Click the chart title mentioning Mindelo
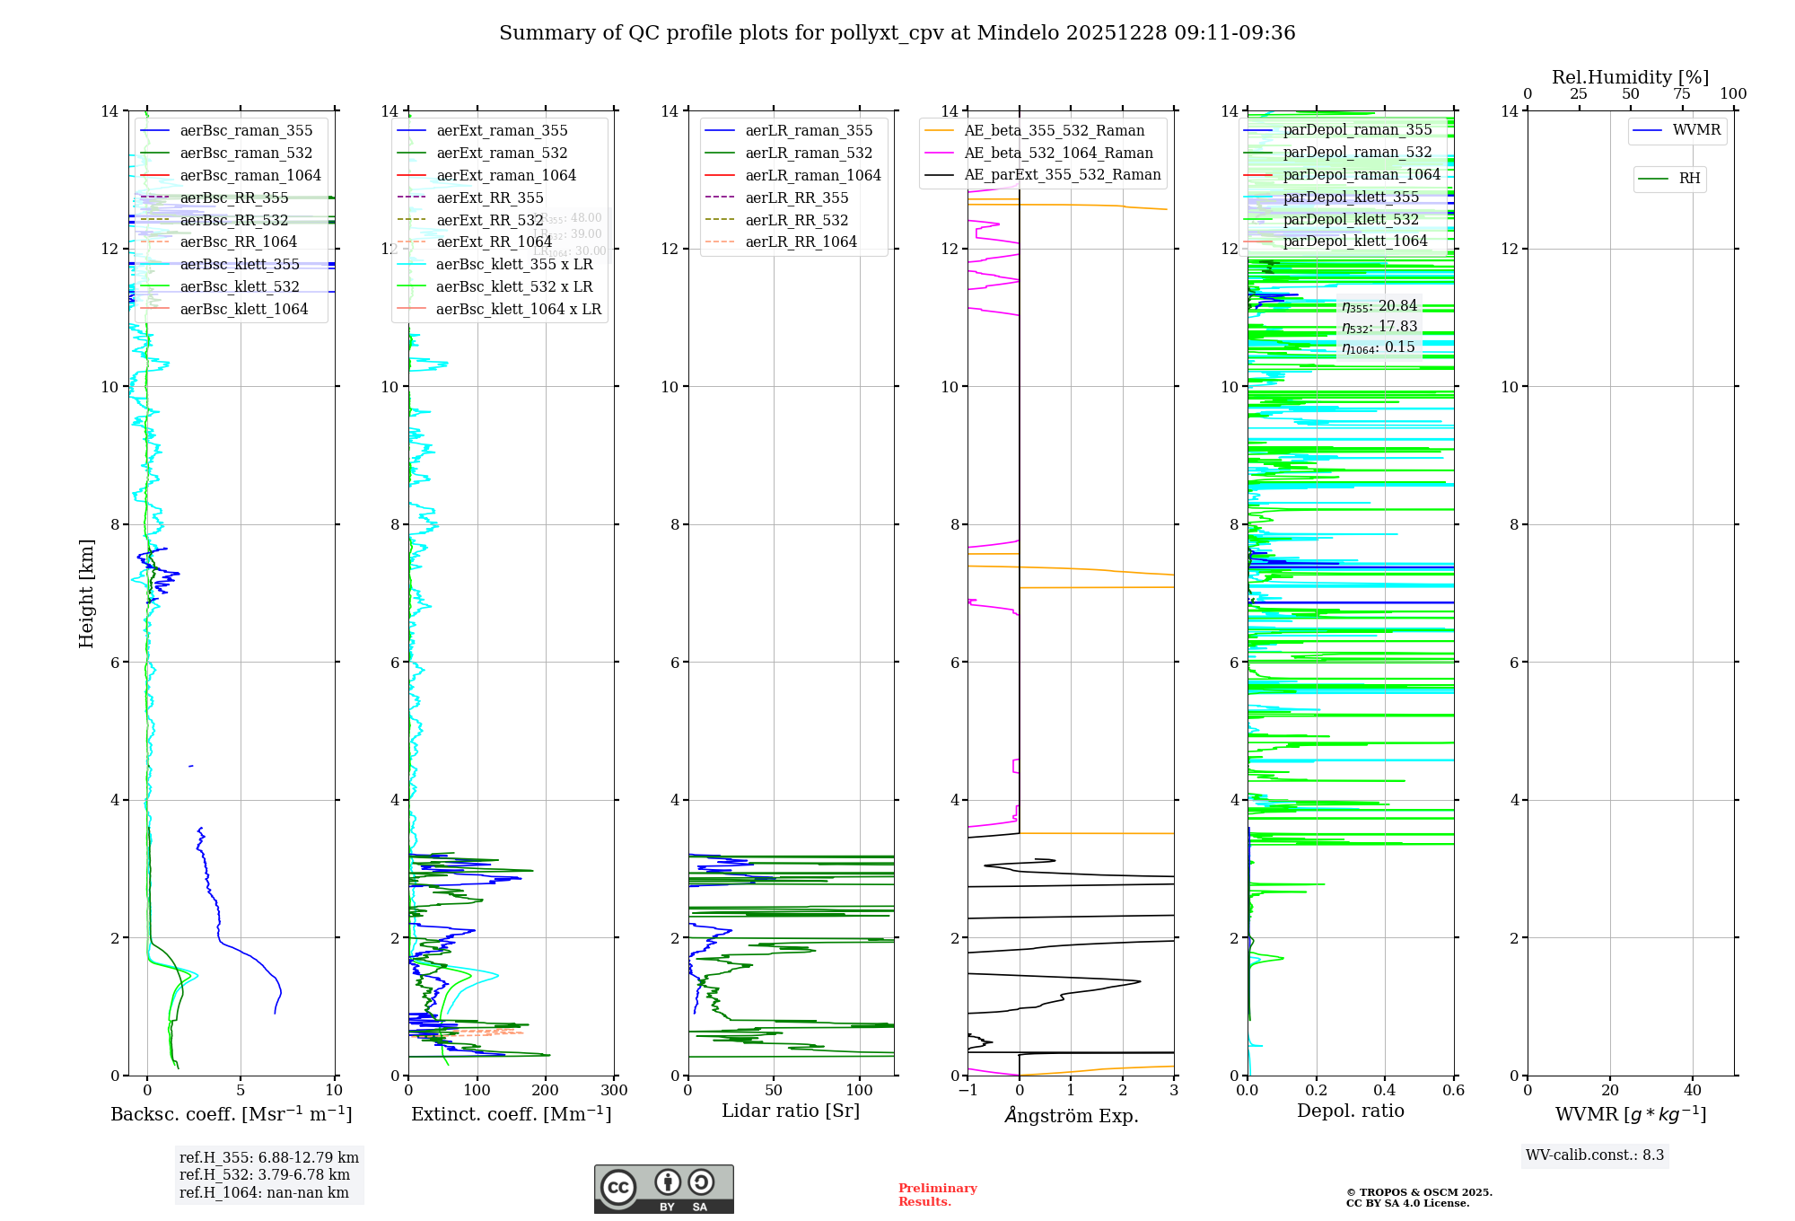897,33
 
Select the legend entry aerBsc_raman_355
246,131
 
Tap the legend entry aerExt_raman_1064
506,176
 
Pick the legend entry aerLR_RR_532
796,220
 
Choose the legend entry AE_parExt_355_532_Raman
1062,175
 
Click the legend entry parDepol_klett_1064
1354,242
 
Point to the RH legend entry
1689,179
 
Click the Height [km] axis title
86,593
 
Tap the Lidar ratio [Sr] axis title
791,1111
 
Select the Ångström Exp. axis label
1071,1116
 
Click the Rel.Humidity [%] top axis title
1630,77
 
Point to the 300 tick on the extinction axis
615,1091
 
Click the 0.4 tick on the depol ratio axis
1385,1091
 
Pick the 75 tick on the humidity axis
1682,94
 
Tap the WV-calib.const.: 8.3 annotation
1595,1155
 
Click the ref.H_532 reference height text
265,1175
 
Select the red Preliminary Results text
937,1195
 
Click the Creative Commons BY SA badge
663,1190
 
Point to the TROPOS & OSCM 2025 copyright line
1419,1193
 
